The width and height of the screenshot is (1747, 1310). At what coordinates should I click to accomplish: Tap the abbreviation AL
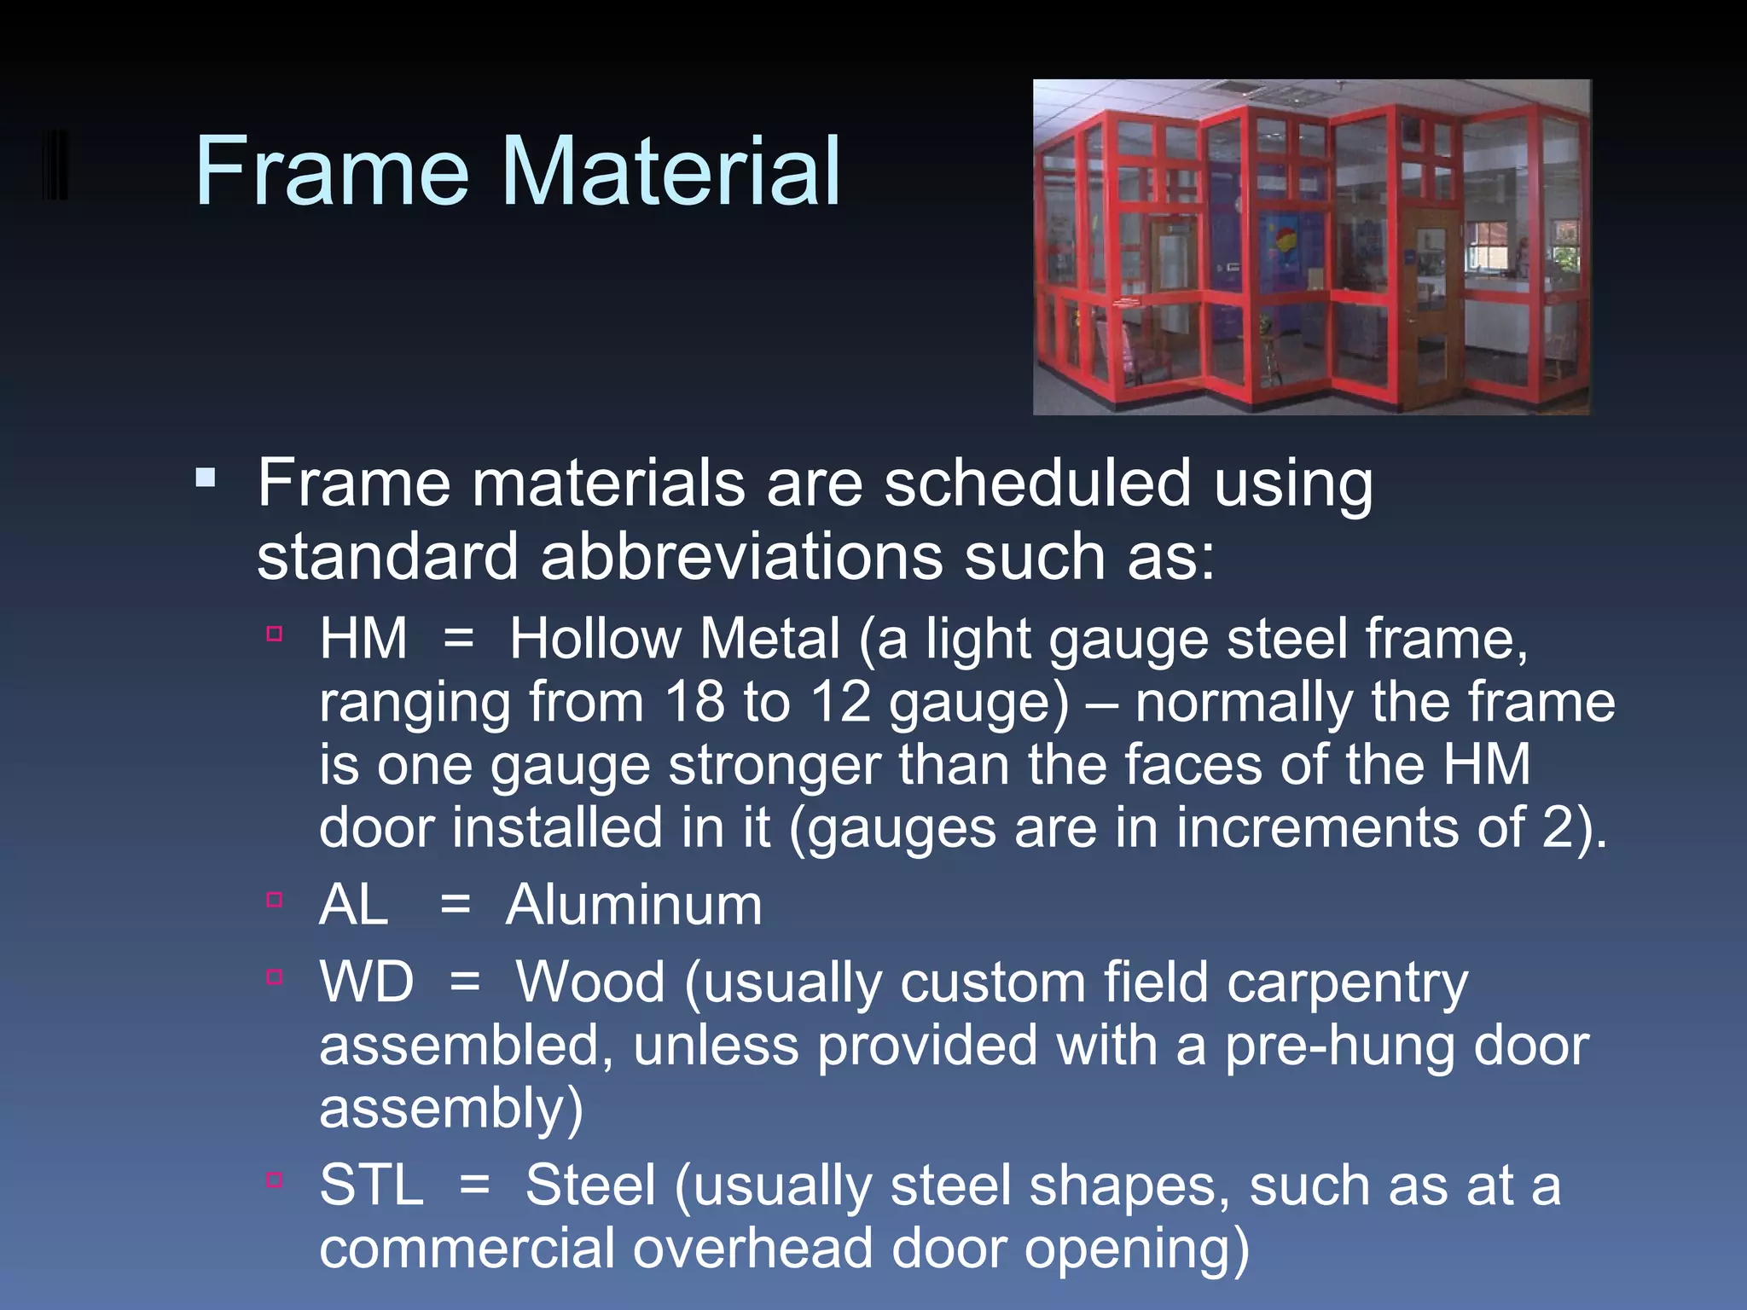tap(353, 905)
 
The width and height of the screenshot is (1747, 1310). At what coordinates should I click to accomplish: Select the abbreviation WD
tap(367, 982)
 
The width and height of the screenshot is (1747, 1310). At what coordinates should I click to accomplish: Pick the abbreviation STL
tap(371, 1185)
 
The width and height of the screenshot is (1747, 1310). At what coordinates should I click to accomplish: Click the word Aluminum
tap(634, 905)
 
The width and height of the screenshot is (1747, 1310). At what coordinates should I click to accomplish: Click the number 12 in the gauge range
tap(839, 703)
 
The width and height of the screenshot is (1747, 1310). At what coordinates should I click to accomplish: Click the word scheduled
tap(1036, 484)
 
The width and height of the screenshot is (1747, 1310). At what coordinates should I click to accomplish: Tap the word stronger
tap(775, 765)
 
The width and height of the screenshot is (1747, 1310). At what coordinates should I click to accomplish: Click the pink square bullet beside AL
tap(274, 900)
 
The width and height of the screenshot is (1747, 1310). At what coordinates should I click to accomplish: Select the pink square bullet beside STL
tap(274, 1180)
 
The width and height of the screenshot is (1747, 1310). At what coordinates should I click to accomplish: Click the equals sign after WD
tap(465, 983)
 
